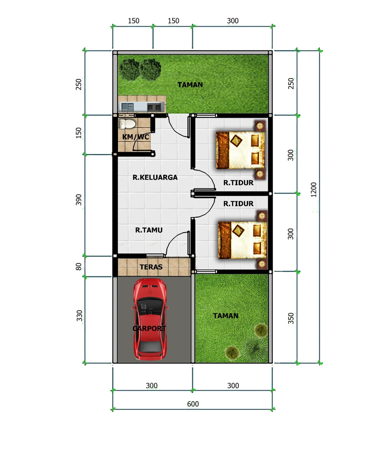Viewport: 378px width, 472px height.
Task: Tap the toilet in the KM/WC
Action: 127,124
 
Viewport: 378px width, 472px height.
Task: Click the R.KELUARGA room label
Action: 155,177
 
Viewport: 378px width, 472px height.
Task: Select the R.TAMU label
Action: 149,230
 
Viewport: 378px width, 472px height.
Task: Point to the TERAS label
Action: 151,267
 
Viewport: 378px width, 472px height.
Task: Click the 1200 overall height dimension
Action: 313,189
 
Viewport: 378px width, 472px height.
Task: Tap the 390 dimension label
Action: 79,200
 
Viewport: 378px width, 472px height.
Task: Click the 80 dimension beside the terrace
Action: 79,266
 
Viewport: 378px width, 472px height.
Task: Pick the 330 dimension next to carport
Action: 79,316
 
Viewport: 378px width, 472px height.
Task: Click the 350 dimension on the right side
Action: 291,318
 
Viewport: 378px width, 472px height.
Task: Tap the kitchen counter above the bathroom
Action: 141,107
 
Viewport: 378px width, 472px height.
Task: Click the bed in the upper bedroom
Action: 240,150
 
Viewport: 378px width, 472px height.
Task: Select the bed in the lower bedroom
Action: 242,240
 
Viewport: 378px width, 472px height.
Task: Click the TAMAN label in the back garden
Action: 190,85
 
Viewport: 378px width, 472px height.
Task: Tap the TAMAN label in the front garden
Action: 226,316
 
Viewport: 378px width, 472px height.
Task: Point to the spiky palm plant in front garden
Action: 255,348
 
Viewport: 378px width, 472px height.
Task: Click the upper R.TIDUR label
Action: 238,183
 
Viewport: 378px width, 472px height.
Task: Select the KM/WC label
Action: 136,137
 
